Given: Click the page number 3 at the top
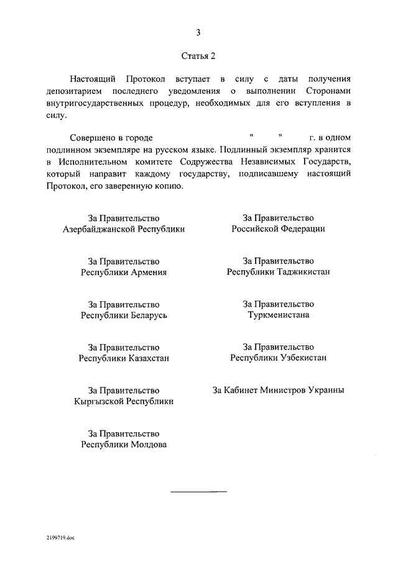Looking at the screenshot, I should click(x=199, y=32).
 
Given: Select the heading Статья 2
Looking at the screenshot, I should click(x=198, y=56).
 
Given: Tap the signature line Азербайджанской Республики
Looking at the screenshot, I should click(x=124, y=229).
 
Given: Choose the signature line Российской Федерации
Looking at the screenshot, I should click(x=278, y=229).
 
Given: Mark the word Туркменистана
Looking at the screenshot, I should click(x=278, y=315).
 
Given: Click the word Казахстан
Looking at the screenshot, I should click(x=149, y=358).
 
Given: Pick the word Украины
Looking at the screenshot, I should click(x=323, y=391).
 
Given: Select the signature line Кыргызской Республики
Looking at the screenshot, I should click(x=124, y=401).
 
